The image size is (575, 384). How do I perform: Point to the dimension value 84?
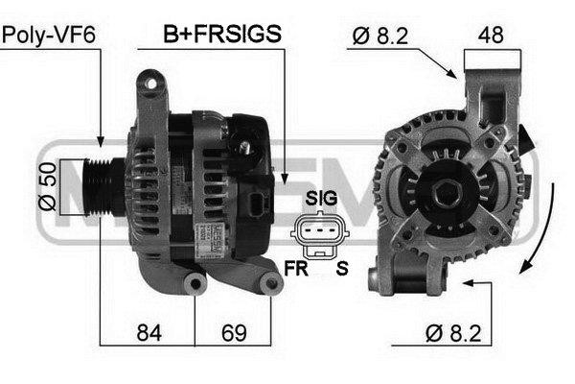tap(149, 333)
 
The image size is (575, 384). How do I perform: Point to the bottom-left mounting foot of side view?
tap(195, 284)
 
